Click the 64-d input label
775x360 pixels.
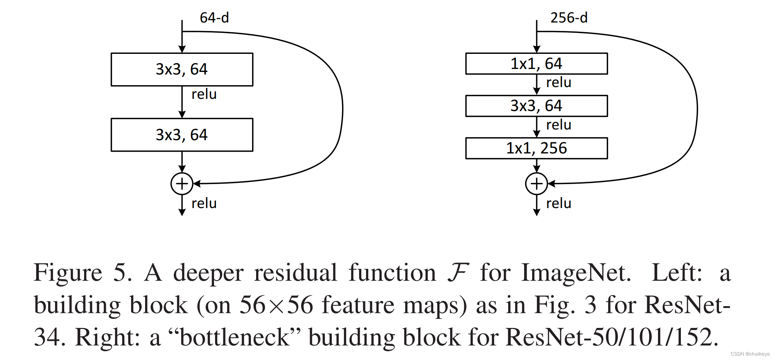(214, 18)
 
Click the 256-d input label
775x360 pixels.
(569, 18)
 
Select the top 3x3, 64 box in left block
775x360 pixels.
(182, 69)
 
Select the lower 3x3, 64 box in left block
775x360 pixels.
(182, 135)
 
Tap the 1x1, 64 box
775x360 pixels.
(536, 64)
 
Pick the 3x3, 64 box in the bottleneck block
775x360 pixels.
(536, 106)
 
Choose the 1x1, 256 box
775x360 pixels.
(536, 148)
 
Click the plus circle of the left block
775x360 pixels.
(182, 184)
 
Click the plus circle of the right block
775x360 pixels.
(536, 184)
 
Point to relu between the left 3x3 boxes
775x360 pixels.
(204, 94)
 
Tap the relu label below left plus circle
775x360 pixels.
(204, 203)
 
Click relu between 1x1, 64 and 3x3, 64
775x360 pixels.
(558, 82)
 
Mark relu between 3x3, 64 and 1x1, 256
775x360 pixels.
(558, 125)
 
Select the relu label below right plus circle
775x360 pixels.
(558, 203)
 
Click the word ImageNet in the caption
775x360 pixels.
(576, 273)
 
